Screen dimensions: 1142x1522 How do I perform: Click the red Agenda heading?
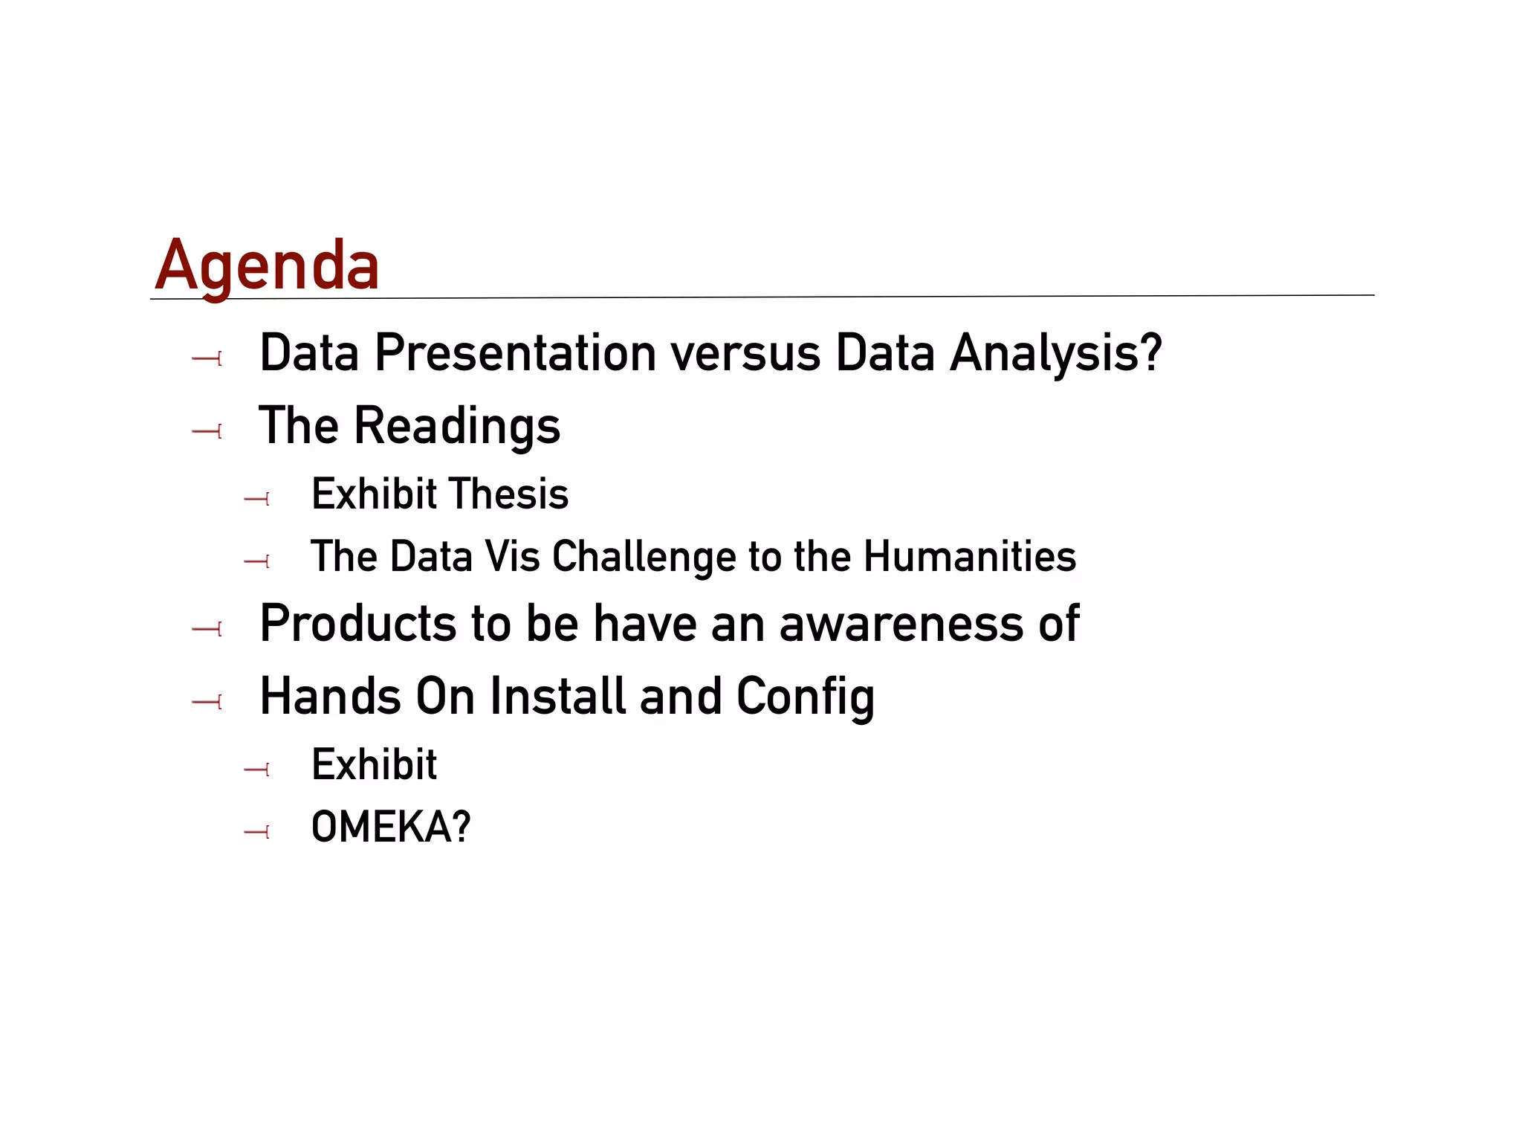[267, 266]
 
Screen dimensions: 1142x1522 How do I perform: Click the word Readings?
[456, 427]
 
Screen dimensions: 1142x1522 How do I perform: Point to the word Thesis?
[509, 494]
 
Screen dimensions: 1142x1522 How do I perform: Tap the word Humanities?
[970, 557]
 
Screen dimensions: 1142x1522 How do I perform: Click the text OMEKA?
[391, 827]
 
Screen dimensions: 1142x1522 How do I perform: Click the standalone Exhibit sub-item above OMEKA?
[374, 764]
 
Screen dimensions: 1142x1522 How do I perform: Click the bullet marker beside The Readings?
[207, 431]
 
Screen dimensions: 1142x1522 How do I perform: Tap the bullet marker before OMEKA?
[256, 832]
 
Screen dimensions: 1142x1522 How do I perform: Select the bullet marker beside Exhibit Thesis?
[256, 499]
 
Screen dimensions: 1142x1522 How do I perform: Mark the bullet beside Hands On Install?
[207, 701]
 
